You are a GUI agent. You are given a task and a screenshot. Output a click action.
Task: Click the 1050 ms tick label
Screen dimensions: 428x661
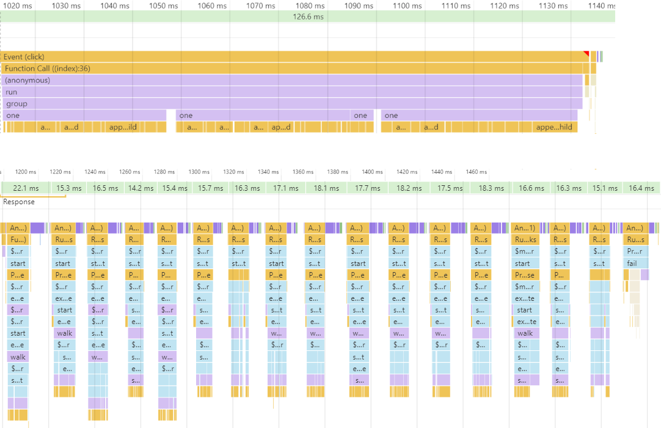pos(163,6)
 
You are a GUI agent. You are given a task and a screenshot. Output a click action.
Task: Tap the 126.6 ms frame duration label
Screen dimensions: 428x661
pos(308,17)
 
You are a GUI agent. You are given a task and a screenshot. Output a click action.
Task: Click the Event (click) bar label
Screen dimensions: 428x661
pos(24,57)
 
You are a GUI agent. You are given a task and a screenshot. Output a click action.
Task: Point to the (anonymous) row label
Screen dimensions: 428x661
pos(27,80)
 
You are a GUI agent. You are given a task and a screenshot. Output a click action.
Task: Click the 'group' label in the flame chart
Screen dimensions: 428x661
pos(17,104)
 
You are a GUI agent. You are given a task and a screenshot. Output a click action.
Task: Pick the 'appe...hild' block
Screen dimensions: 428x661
pos(554,127)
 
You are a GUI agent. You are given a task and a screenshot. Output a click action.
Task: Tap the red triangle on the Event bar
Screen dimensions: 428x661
pos(586,54)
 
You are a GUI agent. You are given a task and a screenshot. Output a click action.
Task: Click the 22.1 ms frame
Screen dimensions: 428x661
pos(26,188)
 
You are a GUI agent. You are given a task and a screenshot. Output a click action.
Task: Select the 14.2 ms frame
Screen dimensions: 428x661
pos(141,188)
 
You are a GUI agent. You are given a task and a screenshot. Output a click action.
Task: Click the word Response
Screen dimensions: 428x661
pos(19,202)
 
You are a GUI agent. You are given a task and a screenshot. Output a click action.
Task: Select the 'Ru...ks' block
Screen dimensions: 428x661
pos(526,240)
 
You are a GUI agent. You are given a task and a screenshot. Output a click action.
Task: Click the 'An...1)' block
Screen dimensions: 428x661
pos(526,228)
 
